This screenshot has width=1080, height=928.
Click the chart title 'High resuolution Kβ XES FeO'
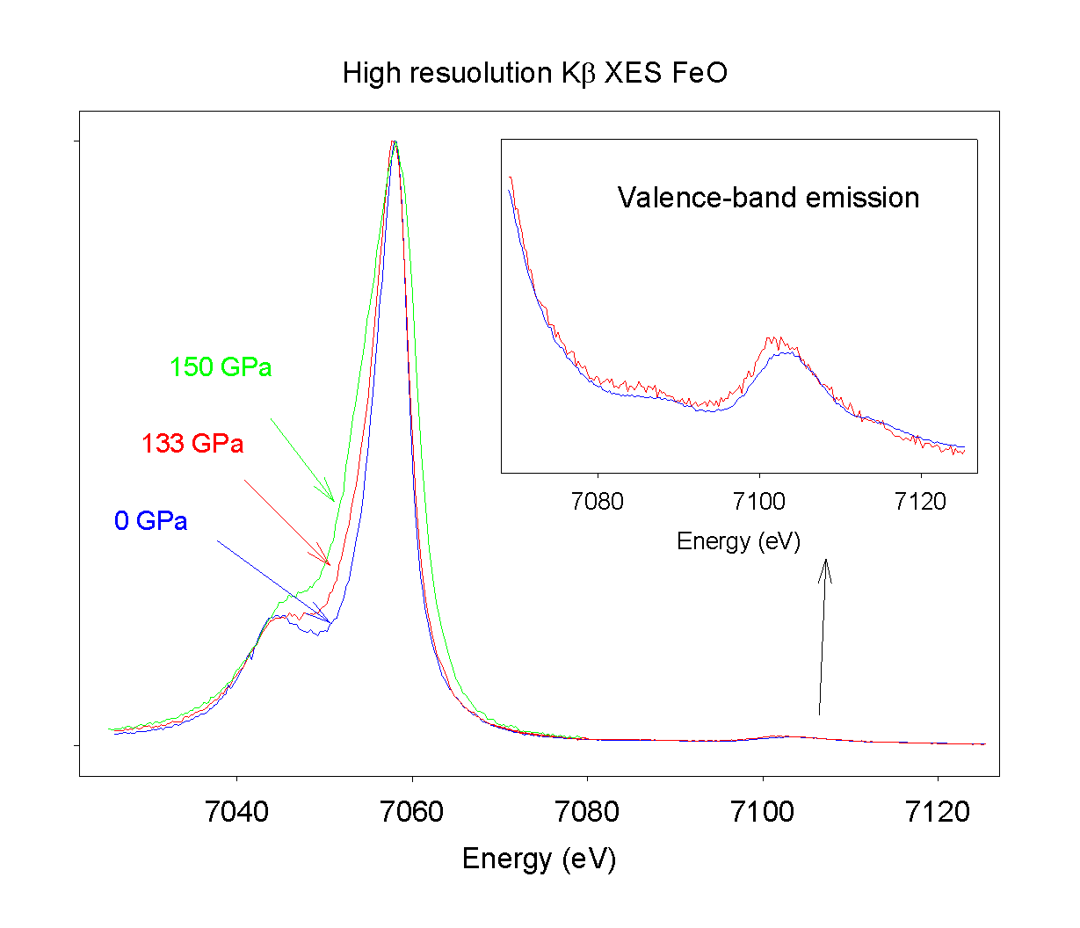(535, 73)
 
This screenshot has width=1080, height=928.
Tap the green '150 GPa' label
(221, 366)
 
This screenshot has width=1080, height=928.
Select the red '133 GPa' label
(192, 444)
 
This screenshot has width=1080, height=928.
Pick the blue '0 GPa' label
(150, 521)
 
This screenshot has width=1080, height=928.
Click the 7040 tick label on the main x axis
(236, 812)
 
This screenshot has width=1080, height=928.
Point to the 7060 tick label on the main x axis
(411, 812)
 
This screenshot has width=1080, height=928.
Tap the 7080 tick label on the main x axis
(587, 812)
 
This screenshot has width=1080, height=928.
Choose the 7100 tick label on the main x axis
(762, 812)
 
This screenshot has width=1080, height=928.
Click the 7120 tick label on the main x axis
(938, 812)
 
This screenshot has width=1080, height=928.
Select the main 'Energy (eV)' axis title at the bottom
(539, 859)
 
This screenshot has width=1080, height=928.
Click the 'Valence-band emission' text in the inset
(768, 198)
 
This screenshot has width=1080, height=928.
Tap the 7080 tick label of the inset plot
(597, 502)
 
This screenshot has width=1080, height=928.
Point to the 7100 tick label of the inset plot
(758, 502)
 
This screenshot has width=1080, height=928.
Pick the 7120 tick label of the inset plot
(920, 502)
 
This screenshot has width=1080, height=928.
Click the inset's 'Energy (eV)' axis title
(738, 541)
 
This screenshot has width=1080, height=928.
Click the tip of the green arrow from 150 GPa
(334, 501)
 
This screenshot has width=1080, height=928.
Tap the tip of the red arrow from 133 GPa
(330, 564)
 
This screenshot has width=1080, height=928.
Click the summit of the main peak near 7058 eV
(394, 142)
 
